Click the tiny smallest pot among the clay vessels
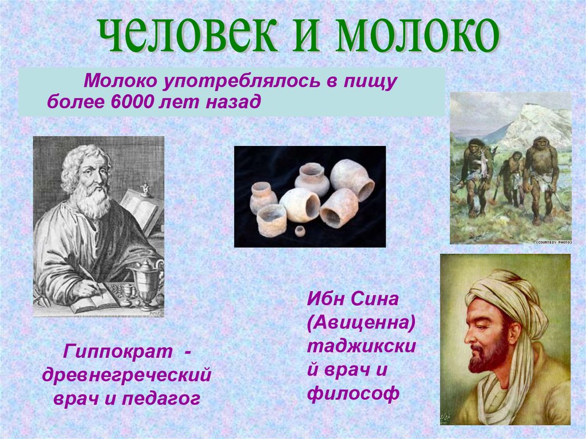click(299, 231)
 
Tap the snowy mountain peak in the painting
click(535, 123)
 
